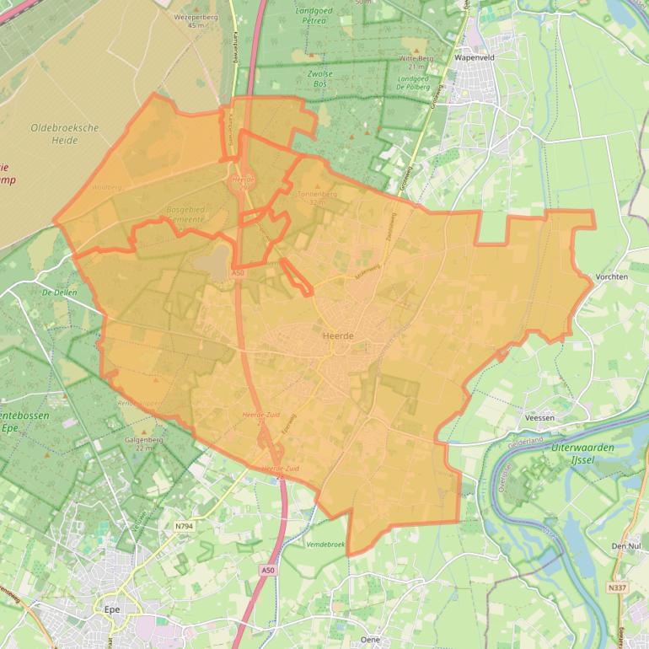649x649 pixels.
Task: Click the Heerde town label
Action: coord(338,335)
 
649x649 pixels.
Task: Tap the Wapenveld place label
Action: coord(471,59)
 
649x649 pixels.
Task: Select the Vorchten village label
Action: coord(612,276)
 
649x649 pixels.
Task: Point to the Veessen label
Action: coord(539,417)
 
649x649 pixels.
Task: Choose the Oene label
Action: coord(369,639)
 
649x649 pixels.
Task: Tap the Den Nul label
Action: coord(625,546)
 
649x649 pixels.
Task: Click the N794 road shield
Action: coord(184,527)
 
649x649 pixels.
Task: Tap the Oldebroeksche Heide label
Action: coord(65,133)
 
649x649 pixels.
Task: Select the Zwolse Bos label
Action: coord(320,79)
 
